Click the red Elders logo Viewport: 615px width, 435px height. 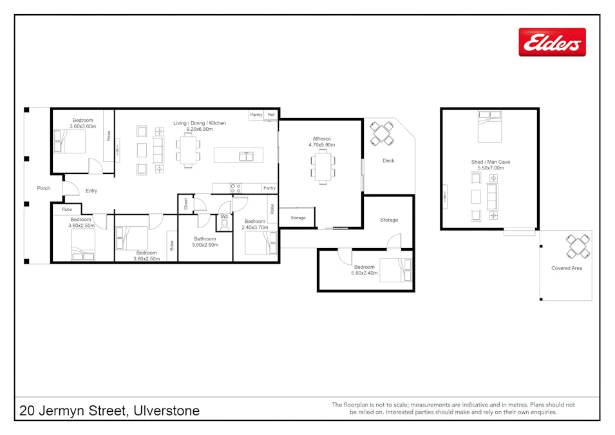tap(552, 42)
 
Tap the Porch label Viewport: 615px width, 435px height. tap(44, 188)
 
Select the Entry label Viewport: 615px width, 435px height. tap(91, 191)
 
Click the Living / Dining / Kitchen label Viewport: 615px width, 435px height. tap(200, 123)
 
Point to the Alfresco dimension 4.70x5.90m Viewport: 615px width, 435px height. tap(321, 145)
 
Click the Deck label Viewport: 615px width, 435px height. tap(388, 160)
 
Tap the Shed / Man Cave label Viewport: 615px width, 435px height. tap(491, 162)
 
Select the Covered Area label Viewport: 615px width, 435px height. tap(566, 268)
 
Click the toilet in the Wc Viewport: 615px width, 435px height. tap(224, 224)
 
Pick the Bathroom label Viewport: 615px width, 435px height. tap(205, 238)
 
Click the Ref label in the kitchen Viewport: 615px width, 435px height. tap(271, 115)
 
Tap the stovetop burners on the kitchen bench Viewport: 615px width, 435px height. tap(235, 188)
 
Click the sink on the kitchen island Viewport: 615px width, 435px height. tap(246, 156)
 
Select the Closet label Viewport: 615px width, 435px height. tap(186, 204)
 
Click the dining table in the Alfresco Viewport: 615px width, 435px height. tap(323, 166)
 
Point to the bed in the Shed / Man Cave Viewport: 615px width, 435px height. tap(489, 127)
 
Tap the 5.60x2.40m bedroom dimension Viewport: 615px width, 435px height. tap(364, 273)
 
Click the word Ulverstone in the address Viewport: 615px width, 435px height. tap(167, 411)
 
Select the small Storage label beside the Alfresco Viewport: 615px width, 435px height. tap(298, 218)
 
